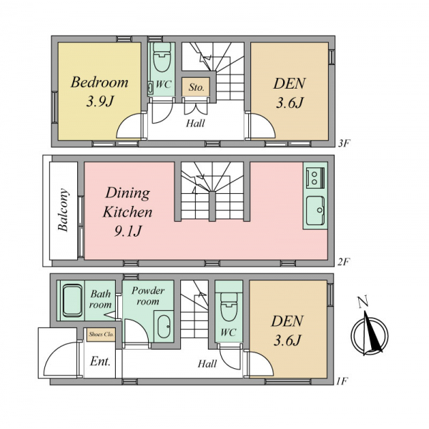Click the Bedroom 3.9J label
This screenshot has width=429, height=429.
(x=99, y=92)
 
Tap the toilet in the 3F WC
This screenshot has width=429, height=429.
(x=162, y=57)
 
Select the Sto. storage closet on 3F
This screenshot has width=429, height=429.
(x=196, y=87)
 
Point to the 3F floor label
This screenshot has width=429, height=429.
(x=344, y=143)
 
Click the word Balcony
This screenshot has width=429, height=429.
(x=63, y=210)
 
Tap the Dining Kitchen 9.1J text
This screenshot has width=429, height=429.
(x=127, y=212)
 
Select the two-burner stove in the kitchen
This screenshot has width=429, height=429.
(x=315, y=178)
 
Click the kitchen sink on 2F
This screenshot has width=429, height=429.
(x=315, y=210)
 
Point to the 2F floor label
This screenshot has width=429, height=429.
(x=344, y=262)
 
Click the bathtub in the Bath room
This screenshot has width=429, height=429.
(x=72, y=301)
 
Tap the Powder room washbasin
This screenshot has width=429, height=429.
(x=164, y=327)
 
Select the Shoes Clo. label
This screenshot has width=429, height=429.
(x=102, y=335)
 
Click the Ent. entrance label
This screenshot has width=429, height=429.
(x=100, y=362)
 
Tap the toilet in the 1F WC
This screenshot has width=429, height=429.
(x=229, y=307)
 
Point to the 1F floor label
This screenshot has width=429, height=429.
(x=342, y=381)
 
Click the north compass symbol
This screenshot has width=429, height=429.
(x=370, y=335)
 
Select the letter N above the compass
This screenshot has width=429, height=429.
(x=363, y=302)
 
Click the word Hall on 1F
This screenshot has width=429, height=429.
(x=207, y=364)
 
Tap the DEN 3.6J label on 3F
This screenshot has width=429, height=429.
(x=290, y=93)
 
